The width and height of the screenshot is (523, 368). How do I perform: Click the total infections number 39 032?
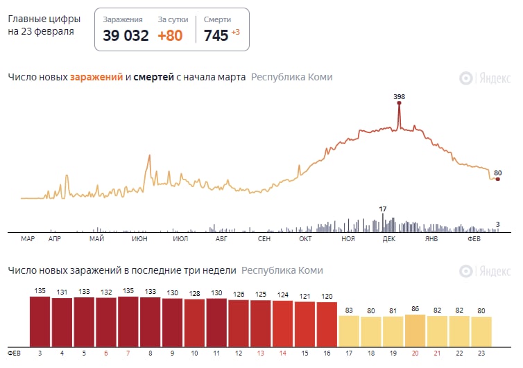pyautogui.click(x=126, y=35)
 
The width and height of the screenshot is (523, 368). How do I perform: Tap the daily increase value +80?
pyautogui.click(x=170, y=35)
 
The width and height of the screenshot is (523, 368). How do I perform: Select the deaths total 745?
pyautogui.click(x=216, y=35)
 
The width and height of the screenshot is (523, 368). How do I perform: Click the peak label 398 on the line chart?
pyautogui.click(x=399, y=96)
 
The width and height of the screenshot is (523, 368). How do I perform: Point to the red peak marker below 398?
pyautogui.click(x=400, y=103)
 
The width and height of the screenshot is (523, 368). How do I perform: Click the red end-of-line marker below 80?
pyautogui.click(x=497, y=179)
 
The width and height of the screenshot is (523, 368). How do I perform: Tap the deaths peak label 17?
pyautogui.click(x=382, y=209)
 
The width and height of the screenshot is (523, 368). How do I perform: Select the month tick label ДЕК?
pyautogui.click(x=388, y=239)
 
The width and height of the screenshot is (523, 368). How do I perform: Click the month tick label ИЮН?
pyautogui.click(x=139, y=239)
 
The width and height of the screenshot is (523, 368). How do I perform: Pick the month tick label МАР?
pyautogui.click(x=28, y=239)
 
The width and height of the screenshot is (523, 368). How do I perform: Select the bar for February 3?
pyautogui.click(x=40, y=322)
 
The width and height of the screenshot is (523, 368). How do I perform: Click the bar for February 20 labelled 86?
pyautogui.click(x=415, y=331)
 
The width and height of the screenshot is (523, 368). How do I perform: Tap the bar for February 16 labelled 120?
pyautogui.click(x=327, y=324)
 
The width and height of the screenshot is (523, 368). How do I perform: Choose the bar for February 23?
pyautogui.click(x=481, y=331)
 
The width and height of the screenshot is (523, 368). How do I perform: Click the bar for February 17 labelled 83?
pyautogui.click(x=349, y=331)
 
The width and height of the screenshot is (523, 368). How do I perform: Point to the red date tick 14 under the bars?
pyautogui.click(x=282, y=353)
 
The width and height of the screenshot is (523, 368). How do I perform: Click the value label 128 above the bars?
pyautogui.click(x=194, y=294)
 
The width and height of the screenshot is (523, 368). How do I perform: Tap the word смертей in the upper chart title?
pyautogui.click(x=153, y=78)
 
